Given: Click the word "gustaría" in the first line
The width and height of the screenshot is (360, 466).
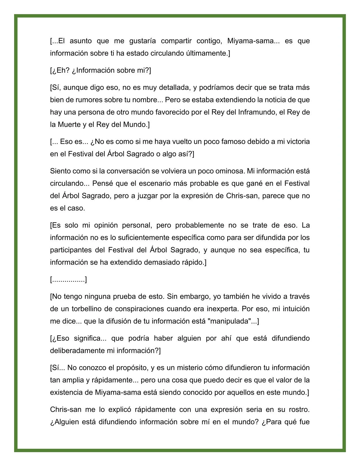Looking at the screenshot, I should (x=142, y=41).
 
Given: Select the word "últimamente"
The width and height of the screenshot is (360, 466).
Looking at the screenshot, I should (x=208, y=53).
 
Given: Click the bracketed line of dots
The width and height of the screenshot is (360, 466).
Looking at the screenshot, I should (x=68, y=280).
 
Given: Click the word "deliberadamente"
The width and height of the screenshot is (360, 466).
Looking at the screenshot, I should (x=77, y=351).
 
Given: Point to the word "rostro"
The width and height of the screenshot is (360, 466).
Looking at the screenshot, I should (x=299, y=409).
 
